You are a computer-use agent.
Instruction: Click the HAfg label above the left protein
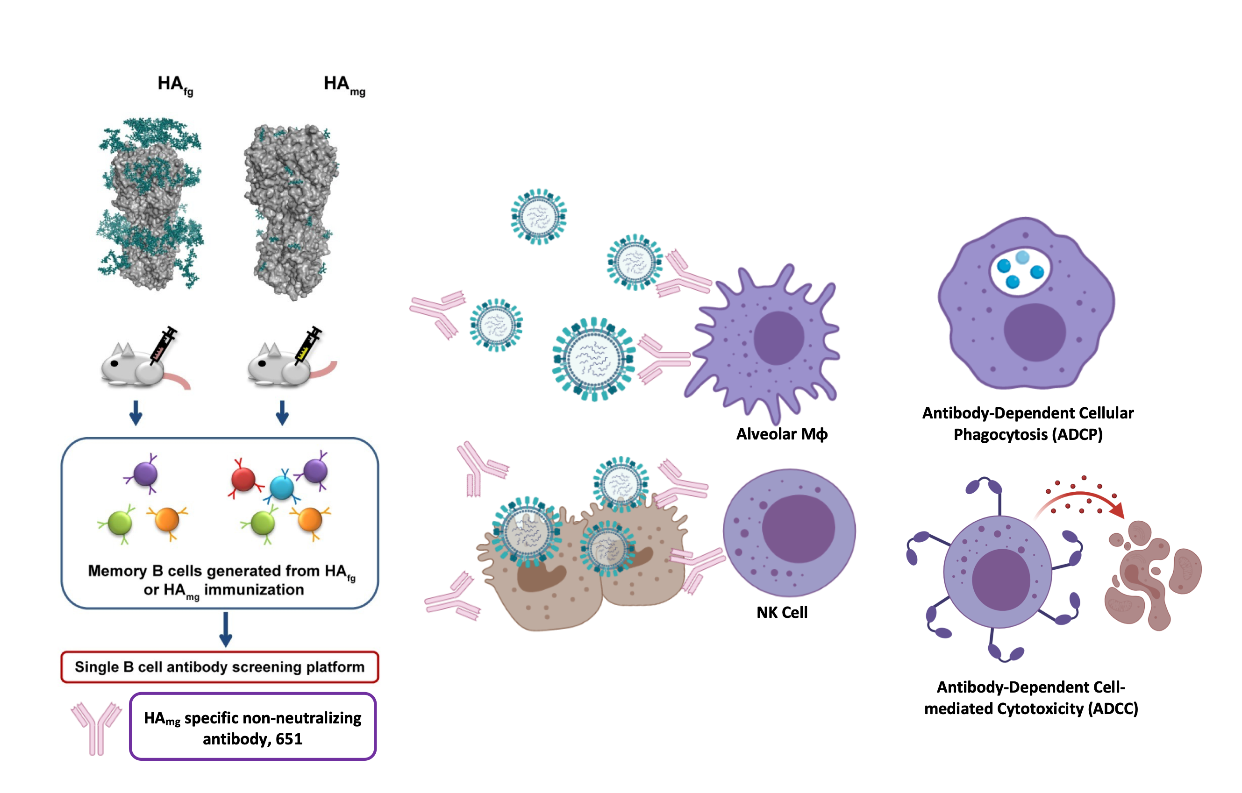pos(175,85)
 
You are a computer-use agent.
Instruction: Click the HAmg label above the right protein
pos(344,85)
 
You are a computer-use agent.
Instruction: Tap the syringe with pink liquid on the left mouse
pos(164,344)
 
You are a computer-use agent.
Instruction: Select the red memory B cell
pos(243,479)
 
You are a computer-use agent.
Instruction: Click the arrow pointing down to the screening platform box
pos(225,629)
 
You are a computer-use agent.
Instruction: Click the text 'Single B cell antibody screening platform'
pos(219,667)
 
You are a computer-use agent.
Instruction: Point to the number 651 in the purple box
pos(289,739)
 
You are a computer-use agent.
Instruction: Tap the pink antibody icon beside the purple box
pos(96,727)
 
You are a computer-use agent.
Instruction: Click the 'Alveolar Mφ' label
pos(781,434)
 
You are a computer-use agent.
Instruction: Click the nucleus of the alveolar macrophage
pos(778,338)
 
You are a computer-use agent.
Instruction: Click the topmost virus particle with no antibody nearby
pos(538,216)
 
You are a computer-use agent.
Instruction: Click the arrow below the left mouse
pos(136,412)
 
